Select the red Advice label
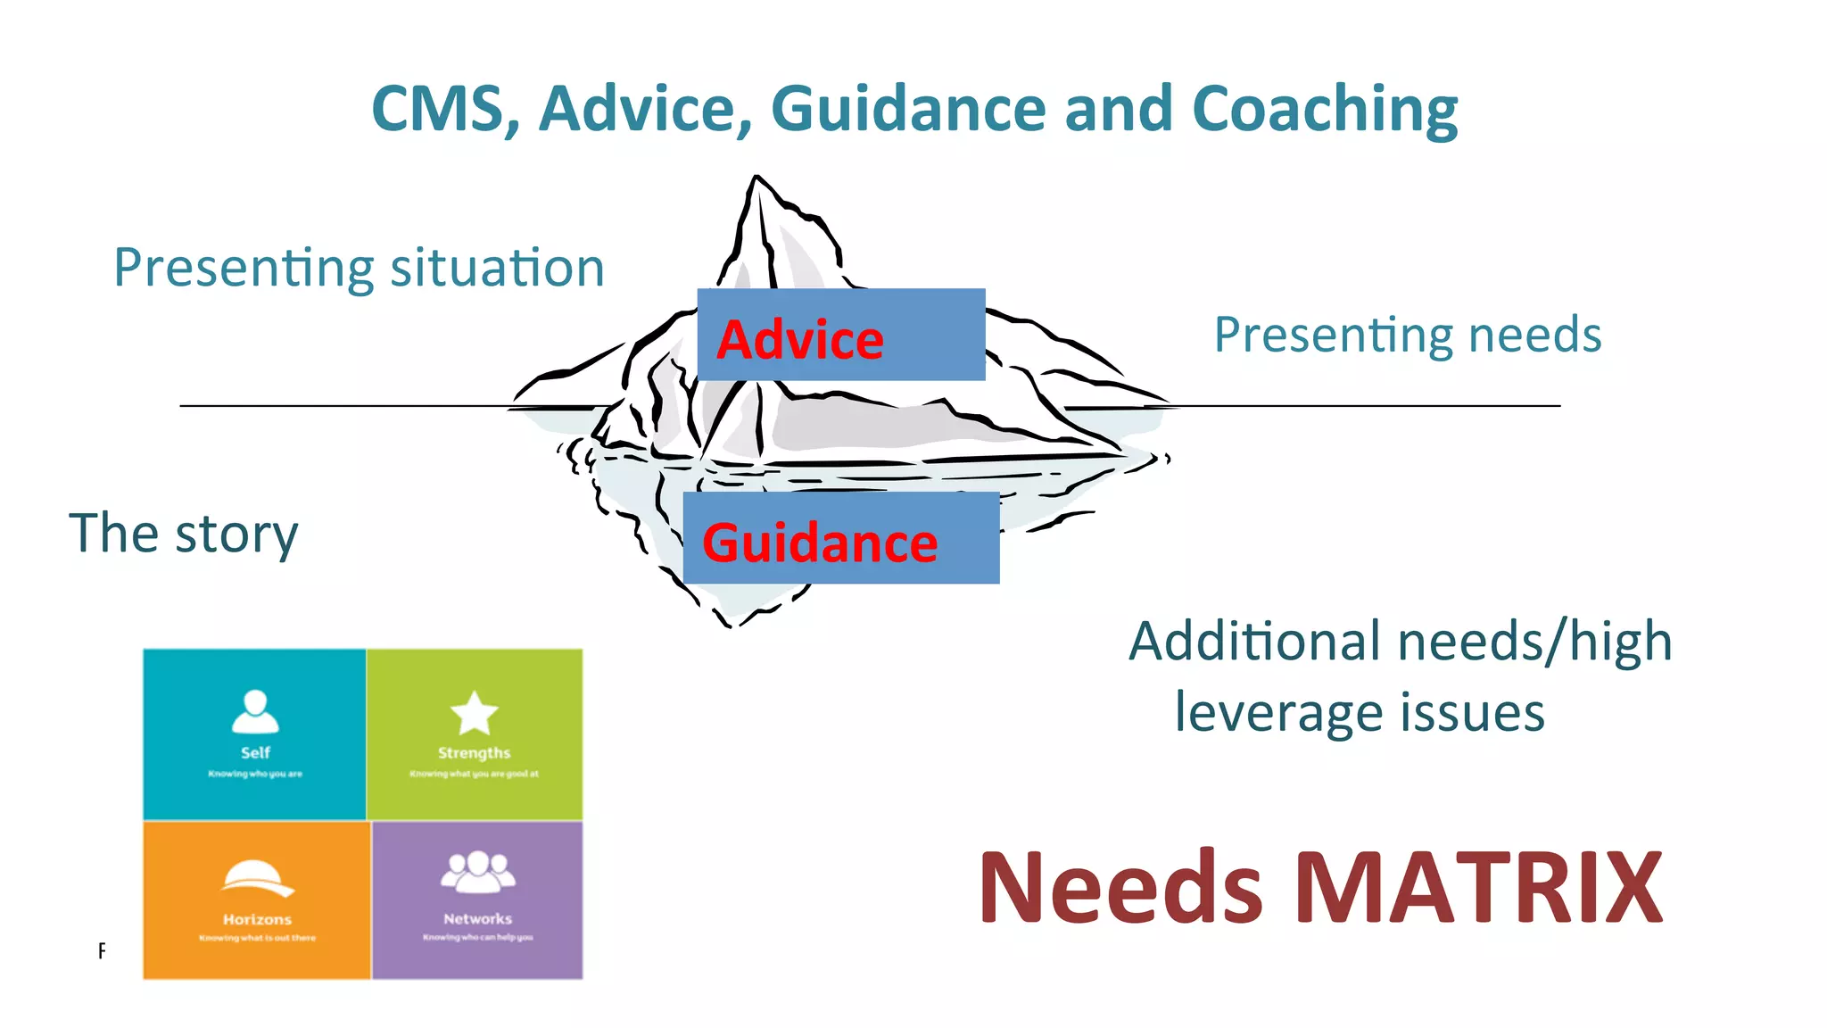pyautogui.click(x=800, y=340)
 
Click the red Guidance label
pyautogui.click(x=820, y=543)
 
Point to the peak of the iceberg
pyautogui.click(x=756, y=179)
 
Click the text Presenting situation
pyautogui.click(x=359, y=269)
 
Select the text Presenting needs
pyautogui.click(x=1408, y=336)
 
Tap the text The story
pyautogui.click(x=184, y=534)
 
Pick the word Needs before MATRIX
pyautogui.click(x=1120, y=889)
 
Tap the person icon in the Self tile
pyautogui.click(x=255, y=711)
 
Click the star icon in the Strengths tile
pyautogui.click(x=474, y=713)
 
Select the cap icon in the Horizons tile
pyautogui.click(x=257, y=878)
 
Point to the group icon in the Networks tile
pyautogui.click(x=478, y=872)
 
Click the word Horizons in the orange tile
pyautogui.click(x=257, y=919)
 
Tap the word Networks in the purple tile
pyautogui.click(x=478, y=918)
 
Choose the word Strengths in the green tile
pyautogui.click(x=474, y=753)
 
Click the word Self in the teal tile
pyautogui.click(x=255, y=753)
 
